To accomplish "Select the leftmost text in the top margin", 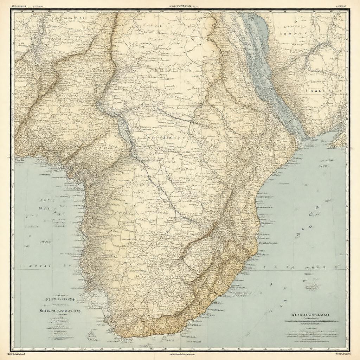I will (x=18, y=6).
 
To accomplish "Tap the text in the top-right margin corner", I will (x=342, y=6).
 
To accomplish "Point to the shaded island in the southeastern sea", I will (x=311, y=286).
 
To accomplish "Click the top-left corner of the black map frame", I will (x=11, y=10).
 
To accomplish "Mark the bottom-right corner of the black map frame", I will (x=349, y=350).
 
